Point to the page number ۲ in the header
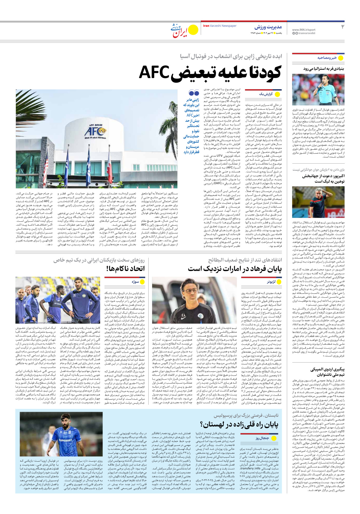pos(342,27)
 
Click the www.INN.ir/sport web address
pos(304,30)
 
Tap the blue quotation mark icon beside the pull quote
pos(194,93)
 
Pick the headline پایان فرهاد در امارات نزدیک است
pos(235,269)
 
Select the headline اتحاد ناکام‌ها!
pos(125,269)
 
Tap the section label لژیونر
pos(271,282)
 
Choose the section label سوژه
pos(135,282)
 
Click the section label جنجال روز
pos(262,438)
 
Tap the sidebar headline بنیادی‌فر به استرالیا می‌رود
pos(323,69)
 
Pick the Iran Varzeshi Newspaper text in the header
pos(220,26)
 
